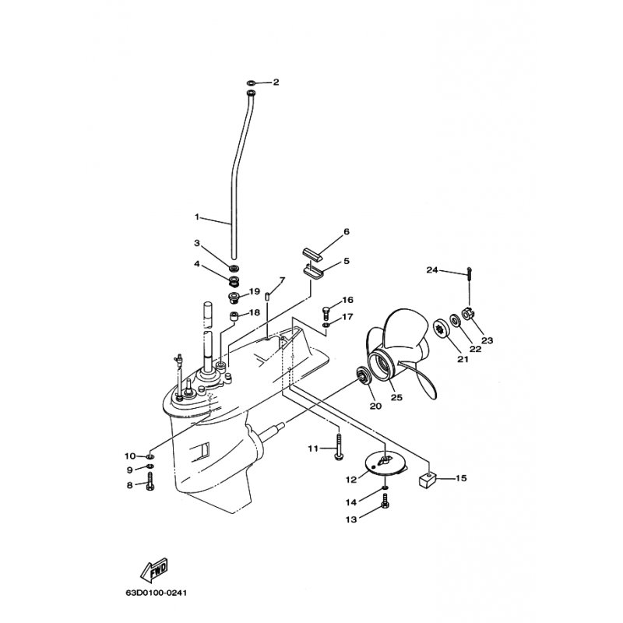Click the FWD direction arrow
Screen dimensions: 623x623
pyautogui.click(x=153, y=570)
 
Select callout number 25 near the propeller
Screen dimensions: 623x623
pyautogui.click(x=397, y=397)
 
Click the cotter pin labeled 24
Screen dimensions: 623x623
pyautogui.click(x=470, y=273)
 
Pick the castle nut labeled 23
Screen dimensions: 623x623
pyautogui.click(x=466, y=314)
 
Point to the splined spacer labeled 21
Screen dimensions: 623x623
pyautogui.click(x=441, y=327)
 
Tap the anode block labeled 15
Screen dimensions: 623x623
pyautogui.click(x=427, y=480)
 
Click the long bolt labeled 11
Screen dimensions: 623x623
pyautogui.click(x=338, y=447)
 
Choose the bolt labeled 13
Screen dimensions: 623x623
pyautogui.click(x=384, y=501)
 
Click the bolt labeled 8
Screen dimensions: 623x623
pyautogui.click(x=150, y=480)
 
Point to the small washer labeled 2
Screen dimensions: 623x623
pyautogui.click(x=252, y=83)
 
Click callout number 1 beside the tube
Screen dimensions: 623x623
pyautogui.click(x=197, y=216)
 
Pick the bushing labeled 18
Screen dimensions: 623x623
pyautogui.click(x=234, y=317)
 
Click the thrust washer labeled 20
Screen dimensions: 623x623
pyautogui.click(x=363, y=376)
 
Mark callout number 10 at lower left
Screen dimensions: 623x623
pyautogui.click(x=130, y=456)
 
